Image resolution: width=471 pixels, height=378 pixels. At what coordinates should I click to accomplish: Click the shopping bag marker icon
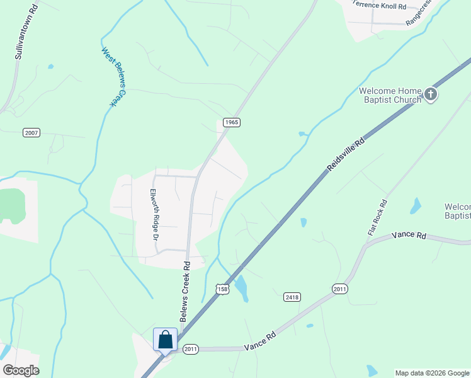[x=165, y=340]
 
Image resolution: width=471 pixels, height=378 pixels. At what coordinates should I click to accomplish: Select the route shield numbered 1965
[x=230, y=122]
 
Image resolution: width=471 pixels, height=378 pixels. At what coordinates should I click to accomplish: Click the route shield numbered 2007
[x=31, y=132]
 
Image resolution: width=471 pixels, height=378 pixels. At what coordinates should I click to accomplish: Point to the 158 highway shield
[x=222, y=289]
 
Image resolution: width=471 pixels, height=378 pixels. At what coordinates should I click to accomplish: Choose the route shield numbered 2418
[x=292, y=297]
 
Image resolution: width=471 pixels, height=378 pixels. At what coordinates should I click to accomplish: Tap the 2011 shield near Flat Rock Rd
[x=339, y=289]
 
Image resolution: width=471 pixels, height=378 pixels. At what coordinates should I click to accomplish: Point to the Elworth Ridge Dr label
[x=153, y=214]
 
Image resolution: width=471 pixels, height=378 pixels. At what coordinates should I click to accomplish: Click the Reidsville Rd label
[x=346, y=155]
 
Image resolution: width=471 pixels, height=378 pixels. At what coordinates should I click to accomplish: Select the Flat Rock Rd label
[x=378, y=218]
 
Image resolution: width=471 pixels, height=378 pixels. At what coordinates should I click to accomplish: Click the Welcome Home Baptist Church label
[x=390, y=95]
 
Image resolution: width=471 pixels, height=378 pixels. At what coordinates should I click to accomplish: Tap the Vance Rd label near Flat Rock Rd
[x=409, y=235]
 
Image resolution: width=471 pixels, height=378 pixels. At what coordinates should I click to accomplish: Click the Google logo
[x=21, y=370]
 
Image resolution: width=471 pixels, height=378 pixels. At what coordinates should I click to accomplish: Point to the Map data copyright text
[x=432, y=373]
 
